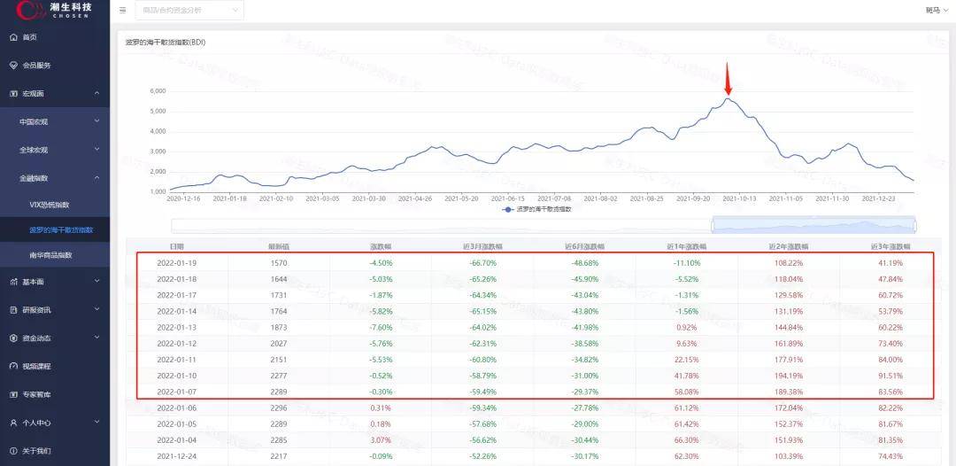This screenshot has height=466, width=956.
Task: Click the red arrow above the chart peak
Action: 728,78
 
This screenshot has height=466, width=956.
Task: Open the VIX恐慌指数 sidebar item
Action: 50,205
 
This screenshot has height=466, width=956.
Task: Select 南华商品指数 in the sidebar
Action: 50,255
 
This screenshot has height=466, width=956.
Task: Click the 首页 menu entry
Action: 29,37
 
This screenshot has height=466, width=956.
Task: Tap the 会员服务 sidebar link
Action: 36,66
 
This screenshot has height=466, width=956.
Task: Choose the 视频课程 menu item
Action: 36,366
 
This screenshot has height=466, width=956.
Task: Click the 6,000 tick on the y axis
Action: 158,91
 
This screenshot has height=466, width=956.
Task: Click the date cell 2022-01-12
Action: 176,344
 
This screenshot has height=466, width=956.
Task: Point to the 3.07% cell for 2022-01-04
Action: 381,439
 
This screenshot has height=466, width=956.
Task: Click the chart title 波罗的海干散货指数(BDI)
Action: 166,43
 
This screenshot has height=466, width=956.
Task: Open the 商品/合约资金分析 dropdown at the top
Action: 189,11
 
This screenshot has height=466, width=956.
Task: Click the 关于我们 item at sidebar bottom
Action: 36,451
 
